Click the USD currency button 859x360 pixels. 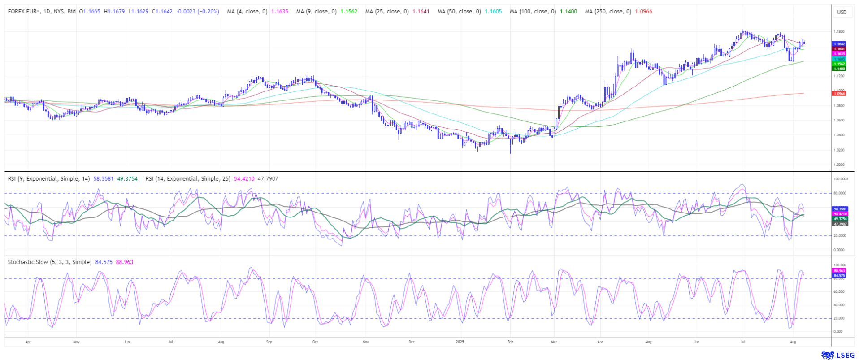[842, 12]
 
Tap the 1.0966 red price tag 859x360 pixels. [839, 94]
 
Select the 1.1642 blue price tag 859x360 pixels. [839, 44]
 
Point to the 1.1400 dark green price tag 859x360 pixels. [839, 69]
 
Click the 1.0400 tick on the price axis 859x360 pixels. [839, 135]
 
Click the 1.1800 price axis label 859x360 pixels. [839, 32]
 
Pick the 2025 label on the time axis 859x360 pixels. [460, 342]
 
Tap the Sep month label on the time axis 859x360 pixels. [269, 342]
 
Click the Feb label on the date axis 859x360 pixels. [510, 342]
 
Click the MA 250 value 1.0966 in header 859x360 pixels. [643, 12]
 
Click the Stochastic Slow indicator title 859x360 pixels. [49, 262]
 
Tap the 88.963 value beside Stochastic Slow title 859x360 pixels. [124, 262]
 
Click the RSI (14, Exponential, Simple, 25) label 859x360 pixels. [188, 178]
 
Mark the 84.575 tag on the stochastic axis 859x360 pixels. [839, 276]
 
